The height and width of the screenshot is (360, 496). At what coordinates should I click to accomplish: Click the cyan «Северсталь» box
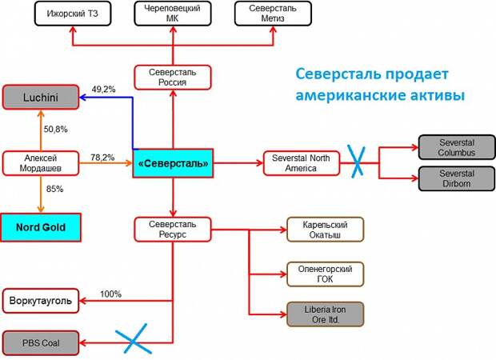tap(173, 163)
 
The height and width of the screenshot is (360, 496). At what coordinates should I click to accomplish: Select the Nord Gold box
tap(41, 227)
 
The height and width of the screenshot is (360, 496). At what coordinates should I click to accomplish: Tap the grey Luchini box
tap(41, 97)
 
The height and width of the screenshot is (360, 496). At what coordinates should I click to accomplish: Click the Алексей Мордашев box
tap(41, 163)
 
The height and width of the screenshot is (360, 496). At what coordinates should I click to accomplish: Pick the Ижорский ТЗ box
tap(73, 14)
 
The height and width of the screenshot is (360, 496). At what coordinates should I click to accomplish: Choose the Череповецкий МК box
tap(173, 14)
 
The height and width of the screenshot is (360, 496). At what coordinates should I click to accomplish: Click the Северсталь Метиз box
tap(273, 14)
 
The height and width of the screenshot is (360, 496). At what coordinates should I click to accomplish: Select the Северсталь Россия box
tap(173, 78)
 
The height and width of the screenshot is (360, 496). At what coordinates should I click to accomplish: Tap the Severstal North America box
tap(302, 163)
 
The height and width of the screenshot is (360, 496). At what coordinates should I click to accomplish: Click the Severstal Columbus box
tap(457, 147)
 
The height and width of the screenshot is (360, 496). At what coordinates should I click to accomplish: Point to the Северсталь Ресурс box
tap(173, 230)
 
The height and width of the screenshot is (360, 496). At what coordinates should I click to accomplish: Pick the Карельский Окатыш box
tap(325, 230)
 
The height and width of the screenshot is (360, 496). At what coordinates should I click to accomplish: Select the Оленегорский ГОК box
tap(325, 274)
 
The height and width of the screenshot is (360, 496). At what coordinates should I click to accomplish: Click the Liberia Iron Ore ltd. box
tap(325, 314)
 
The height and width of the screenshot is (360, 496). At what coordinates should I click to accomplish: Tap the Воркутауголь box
tap(41, 301)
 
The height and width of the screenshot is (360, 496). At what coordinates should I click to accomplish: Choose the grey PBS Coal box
tap(41, 343)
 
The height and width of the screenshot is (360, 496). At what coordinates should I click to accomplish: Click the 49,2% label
tap(103, 90)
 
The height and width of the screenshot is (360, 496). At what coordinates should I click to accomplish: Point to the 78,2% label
tap(102, 158)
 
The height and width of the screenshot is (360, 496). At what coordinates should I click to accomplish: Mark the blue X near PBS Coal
tap(133, 338)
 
